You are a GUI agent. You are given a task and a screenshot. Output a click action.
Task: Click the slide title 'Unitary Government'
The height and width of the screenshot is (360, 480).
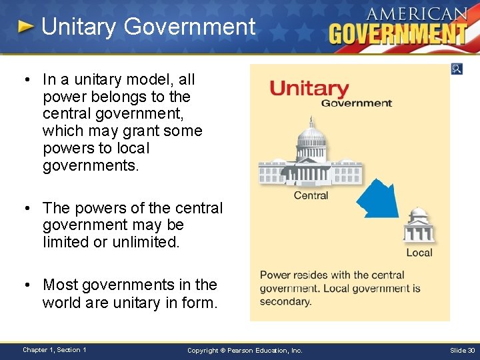coord(148,27)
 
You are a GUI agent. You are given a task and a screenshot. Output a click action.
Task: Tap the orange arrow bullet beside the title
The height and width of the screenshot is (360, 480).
coord(25,27)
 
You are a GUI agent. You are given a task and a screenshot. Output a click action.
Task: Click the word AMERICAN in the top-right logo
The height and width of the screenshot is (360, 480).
coord(417,14)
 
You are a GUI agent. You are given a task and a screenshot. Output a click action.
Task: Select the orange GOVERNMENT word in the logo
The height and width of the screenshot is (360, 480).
coord(398,33)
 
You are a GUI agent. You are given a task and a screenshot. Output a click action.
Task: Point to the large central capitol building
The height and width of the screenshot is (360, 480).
coord(310,157)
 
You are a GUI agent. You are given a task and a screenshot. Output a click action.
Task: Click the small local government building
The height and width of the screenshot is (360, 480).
coord(419,226)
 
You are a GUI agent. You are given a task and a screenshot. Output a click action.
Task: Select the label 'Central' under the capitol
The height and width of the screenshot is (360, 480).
coord(311,195)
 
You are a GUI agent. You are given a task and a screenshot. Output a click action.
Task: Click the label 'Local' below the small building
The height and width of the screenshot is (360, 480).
coord(419,253)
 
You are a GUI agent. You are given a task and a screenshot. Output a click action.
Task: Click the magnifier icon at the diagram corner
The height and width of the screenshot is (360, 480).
coord(457,69)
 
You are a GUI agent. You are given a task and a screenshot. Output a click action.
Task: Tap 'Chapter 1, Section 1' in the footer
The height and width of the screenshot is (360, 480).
coord(54,350)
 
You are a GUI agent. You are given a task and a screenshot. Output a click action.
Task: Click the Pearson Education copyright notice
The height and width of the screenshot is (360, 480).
coord(245,350)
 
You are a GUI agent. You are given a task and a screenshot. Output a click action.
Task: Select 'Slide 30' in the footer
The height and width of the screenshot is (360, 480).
coord(462,350)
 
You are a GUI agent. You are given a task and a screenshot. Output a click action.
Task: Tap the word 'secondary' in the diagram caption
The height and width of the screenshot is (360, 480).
coord(285,301)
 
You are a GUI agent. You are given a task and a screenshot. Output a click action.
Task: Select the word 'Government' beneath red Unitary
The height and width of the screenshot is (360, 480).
coord(356,103)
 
